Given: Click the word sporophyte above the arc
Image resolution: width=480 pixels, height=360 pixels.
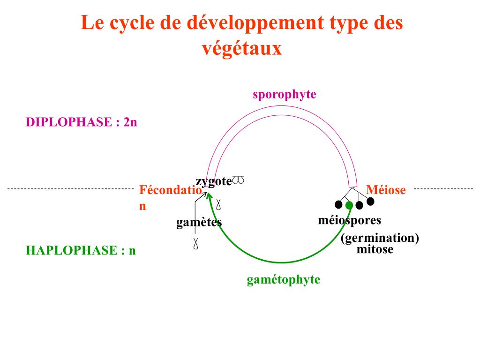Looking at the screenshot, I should point(284,95).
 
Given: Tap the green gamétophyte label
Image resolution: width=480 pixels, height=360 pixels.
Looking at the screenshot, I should point(283,280).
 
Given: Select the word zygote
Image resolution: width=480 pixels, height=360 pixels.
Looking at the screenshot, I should point(214,182).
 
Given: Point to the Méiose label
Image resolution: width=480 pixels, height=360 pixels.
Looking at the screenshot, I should point(386,190).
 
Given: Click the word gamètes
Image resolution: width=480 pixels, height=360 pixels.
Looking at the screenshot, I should point(199,222).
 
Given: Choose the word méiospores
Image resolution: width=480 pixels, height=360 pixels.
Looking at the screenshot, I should point(349,220).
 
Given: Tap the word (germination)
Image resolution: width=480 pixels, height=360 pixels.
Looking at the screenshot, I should point(380,238).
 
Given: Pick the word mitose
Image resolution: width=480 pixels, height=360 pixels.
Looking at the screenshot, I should point(375,249).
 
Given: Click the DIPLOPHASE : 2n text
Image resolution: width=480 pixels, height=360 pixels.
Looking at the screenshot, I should point(81,122).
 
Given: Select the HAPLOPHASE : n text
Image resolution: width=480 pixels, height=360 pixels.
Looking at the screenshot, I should point(81,250).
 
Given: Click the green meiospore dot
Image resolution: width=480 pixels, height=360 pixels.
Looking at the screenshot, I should point(349,205).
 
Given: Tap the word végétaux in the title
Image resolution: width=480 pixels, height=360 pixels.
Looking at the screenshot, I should point(241,48).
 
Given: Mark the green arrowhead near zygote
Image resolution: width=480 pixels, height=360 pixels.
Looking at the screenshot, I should point(210,193).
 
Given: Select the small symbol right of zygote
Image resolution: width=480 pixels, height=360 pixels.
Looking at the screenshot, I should point(238,180).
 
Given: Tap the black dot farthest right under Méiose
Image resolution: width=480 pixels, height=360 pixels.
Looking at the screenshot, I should point(370,202).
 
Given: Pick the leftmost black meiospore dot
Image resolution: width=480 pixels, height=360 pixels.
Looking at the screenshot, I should point(338,204).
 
